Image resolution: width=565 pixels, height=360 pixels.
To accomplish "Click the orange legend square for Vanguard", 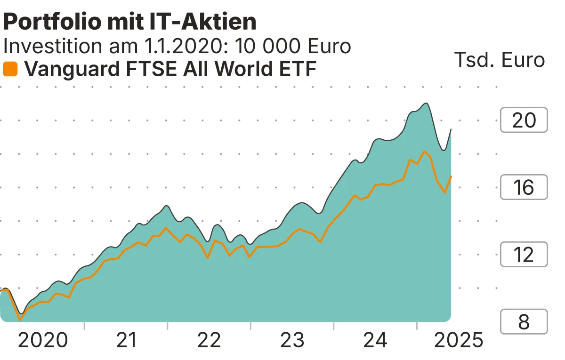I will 10,69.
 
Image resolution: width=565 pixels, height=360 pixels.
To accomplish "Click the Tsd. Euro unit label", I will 499,60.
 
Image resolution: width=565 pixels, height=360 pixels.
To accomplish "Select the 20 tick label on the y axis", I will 524,120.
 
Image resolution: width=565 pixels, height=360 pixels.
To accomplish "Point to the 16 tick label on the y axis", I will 524,187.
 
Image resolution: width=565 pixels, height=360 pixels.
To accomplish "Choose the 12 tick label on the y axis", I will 524,255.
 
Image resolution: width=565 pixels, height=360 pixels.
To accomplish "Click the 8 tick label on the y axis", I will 524,322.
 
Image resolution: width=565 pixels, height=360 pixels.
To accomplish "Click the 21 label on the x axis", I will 126,340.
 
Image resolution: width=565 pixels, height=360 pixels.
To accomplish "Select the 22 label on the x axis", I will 209,340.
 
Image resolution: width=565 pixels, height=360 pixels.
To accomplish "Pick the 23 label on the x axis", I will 292,340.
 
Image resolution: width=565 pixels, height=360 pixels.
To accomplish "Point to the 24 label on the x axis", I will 375,340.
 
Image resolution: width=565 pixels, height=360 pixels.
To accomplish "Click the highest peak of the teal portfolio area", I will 426,103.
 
